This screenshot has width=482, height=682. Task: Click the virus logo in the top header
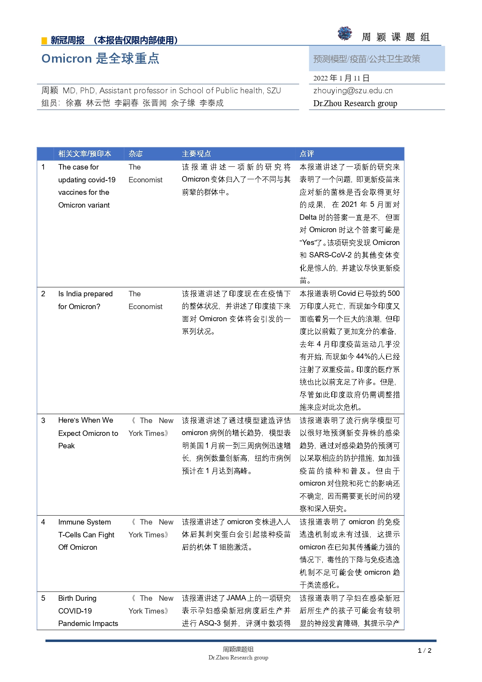pos(345,34)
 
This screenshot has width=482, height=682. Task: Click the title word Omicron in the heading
pos(66,58)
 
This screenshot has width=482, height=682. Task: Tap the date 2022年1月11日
pos(341,78)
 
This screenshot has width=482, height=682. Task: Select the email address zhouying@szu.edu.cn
pos(353,91)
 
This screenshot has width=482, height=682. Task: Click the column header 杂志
pos(136,154)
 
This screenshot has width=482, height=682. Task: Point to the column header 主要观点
pos(196,154)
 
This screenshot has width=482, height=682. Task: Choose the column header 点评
pos(306,154)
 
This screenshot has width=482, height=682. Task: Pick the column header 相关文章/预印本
pos(85,154)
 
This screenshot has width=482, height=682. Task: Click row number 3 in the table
pos(43,420)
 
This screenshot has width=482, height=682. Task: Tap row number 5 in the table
pos(43,598)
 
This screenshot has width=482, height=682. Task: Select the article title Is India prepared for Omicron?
pos(85,300)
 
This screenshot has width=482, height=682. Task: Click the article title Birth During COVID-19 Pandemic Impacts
pos(88,610)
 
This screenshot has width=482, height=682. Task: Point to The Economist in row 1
pos(145,173)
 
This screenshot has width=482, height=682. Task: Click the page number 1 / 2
pos(425,651)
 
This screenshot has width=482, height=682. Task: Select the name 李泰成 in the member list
pos(211,103)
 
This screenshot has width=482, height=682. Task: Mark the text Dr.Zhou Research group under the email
pos(355,103)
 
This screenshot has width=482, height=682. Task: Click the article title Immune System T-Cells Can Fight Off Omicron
pos(86,534)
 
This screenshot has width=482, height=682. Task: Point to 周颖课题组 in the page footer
pos(238,649)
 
